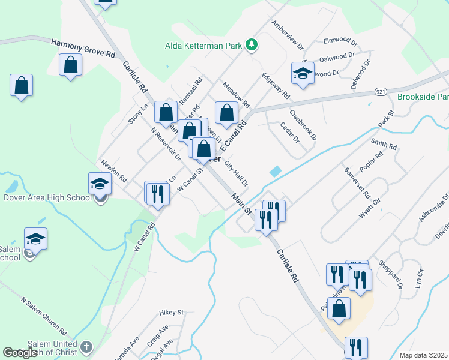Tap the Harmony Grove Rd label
click(83, 49)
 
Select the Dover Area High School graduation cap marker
click(100, 184)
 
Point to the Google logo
click(20, 353)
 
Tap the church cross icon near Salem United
click(86, 347)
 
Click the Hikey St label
click(171, 313)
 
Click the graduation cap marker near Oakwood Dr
click(303, 74)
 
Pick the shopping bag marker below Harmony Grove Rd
click(71, 64)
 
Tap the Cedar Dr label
click(289, 133)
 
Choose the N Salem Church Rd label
click(44, 315)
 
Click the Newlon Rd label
click(114, 171)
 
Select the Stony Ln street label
click(137, 114)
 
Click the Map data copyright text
click(424, 355)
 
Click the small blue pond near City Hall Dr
click(274, 171)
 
